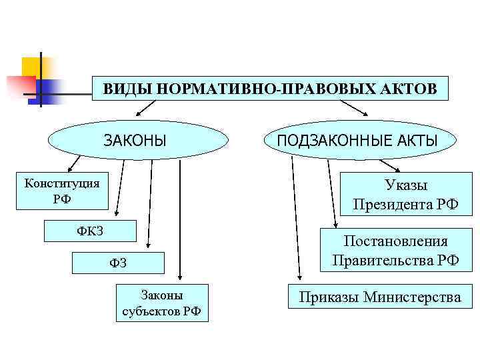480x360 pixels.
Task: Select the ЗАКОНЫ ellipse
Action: pyautogui.click(x=138, y=140)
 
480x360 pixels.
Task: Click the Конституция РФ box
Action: pyautogui.click(x=62, y=191)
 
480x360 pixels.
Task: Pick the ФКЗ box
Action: pyautogui.click(x=90, y=231)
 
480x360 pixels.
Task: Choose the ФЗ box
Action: pyautogui.click(x=118, y=264)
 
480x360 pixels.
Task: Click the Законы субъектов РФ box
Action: pyautogui.click(x=162, y=303)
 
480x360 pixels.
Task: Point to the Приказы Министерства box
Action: pyautogui.click(x=379, y=297)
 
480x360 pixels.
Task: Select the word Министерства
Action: pyautogui.click(x=411, y=297)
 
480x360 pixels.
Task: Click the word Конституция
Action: pyautogui.click(x=62, y=183)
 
